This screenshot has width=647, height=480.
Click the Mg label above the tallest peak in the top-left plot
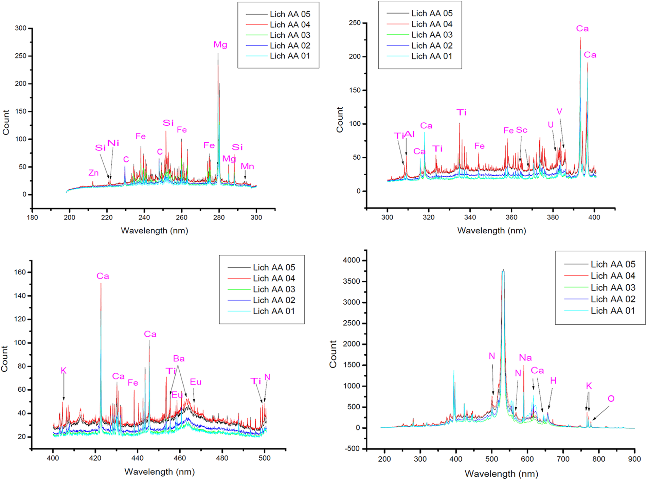coord(220,45)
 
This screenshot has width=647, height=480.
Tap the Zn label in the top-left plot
coord(93,173)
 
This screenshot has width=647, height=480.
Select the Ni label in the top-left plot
coord(113,143)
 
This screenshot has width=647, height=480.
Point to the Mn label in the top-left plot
coord(247,166)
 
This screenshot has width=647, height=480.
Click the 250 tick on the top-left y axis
coord(21,56)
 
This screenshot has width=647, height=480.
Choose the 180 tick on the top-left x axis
coord(32,217)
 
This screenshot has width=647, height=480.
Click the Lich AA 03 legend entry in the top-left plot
coord(290,35)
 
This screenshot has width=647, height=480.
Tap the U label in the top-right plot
coord(551,125)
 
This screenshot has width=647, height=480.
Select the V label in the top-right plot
coord(559,111)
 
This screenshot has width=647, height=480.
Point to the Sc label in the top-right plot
coord(522,130)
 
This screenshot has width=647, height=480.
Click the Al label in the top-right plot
coord(410,134)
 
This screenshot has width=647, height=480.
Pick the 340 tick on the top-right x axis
coord(470,217)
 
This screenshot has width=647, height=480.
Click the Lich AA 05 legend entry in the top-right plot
coord(432,13)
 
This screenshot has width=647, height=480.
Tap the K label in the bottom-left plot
coord(64,370)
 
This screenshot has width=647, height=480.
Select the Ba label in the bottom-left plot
coord(179,358)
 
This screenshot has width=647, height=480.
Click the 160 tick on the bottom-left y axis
coord(20,272)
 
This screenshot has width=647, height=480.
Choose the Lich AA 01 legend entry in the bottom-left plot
coord(274,311)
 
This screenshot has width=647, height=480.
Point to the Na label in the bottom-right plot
coord(525,357)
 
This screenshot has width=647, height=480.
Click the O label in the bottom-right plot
coord(611,398)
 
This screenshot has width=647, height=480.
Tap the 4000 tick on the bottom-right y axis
coord(351,260)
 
